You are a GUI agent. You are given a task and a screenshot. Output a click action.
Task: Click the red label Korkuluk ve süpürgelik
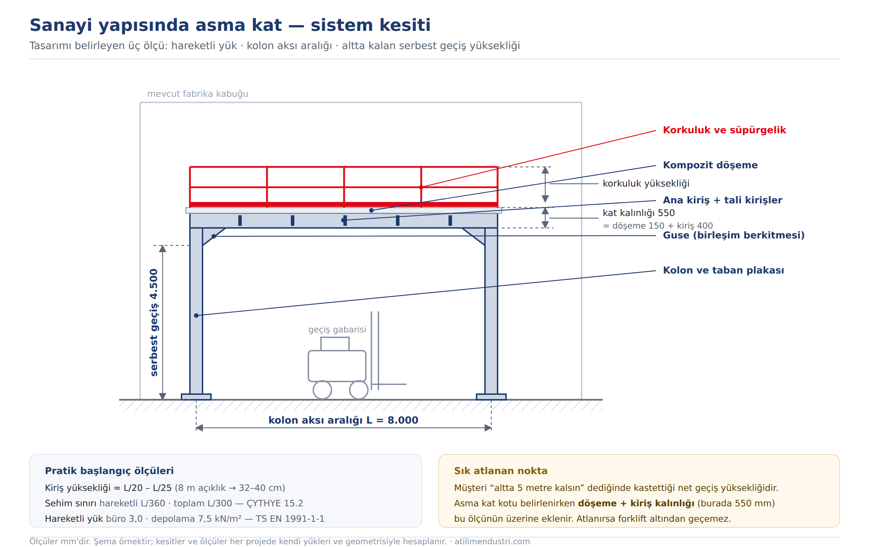coord(724,130)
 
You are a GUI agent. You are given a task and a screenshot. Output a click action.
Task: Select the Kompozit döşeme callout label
coord(710,165)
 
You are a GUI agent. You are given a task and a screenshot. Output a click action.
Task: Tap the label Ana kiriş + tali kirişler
coord(723,200)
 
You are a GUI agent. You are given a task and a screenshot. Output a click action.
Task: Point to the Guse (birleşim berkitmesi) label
coord(734,235)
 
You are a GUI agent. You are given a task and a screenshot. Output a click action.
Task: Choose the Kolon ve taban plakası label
coord(723,270)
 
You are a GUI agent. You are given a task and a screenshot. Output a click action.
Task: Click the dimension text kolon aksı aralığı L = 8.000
coord(343,420)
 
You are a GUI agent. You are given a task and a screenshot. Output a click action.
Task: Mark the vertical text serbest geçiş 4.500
coord(154,323)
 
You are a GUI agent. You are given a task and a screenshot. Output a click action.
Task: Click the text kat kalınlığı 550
coord(638,213)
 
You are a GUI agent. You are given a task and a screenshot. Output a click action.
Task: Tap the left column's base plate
coord(196,397)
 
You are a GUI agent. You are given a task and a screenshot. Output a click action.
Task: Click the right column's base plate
coord(491,397)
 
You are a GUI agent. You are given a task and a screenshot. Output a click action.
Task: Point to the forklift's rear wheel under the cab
coord(322,390)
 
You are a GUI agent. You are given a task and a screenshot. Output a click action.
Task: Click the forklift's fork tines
coord(389,384)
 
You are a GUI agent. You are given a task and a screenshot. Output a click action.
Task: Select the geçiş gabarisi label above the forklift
coord(337,330)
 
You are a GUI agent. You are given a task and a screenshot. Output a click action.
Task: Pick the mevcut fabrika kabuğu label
coord(197,94)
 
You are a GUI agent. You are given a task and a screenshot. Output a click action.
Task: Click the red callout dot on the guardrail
coord(421,187)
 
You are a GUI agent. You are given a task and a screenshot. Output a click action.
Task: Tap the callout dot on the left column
coord(196,316)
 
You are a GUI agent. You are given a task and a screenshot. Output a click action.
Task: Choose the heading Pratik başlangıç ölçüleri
coord(109,471)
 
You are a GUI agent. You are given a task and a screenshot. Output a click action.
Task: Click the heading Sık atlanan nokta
coord(500,471)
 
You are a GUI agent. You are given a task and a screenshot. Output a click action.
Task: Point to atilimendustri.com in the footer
coord(492,541)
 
